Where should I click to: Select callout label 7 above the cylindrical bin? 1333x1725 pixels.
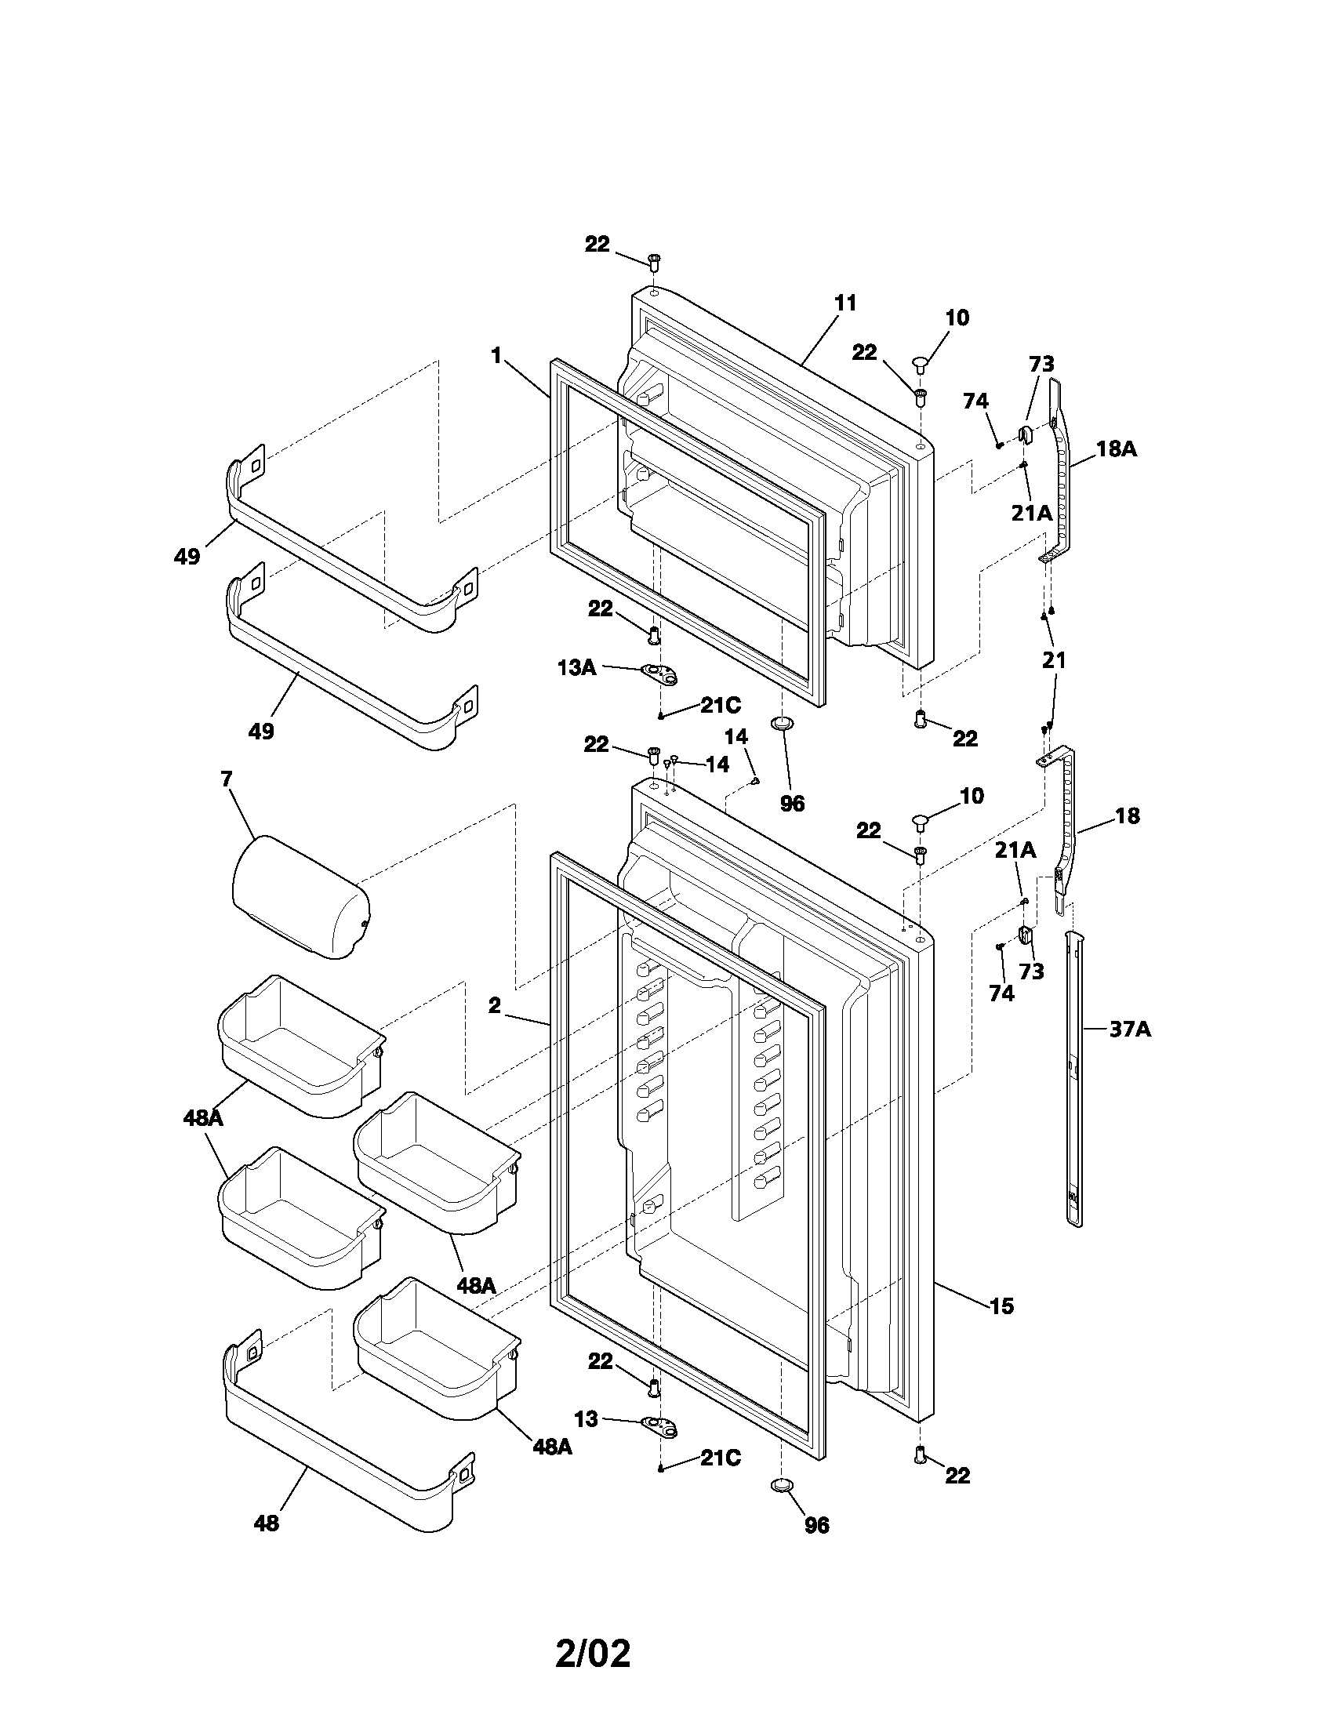[x=227, y=779]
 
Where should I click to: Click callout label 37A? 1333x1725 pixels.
[x=1130, y=1030]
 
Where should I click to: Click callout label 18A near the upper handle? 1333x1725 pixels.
[x=1117, y=448]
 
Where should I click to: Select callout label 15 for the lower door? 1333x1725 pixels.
[x=1001, y=1306]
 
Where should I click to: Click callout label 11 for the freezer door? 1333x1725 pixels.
[x=845, y=303]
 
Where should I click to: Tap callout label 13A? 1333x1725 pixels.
[x=576, y=667]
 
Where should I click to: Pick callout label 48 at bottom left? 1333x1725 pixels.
[x=266, y=1523]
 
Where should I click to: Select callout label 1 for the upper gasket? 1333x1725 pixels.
[x=496, y=355]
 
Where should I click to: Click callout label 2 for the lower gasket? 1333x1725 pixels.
[x=494, y=1005]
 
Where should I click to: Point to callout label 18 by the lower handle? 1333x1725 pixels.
[x=1127, y=816]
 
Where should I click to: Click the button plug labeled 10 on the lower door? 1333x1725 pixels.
[x=921, y=823]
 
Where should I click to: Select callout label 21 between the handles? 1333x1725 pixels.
[x=1053, y=659]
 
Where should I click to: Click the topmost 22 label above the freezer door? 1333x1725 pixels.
[x=597, y=245]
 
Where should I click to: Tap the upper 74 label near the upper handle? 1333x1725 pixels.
[x=975, y=401]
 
